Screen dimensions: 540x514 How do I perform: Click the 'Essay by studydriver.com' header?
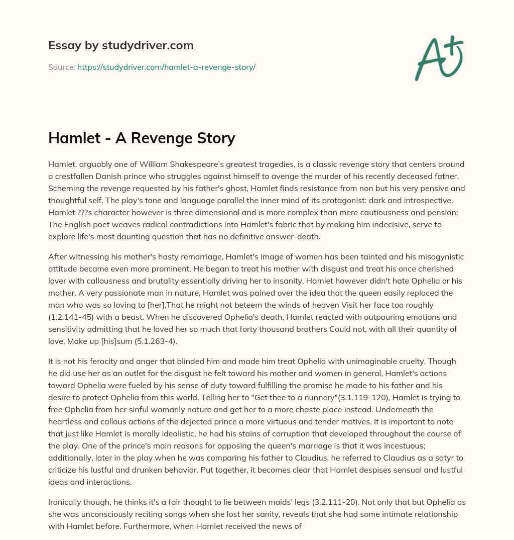tap(120, 46)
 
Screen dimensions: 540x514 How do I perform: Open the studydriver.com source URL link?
tap(166, 67)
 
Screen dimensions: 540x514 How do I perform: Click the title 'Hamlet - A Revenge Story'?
tap(142, 138)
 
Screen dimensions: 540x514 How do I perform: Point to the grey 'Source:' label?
tap(61, 67)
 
